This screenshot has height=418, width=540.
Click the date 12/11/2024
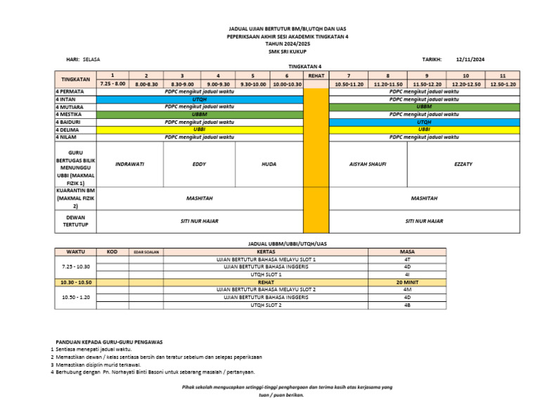coord(470,60)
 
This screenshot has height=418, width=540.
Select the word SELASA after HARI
coord(91,60)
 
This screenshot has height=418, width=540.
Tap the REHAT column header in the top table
coord(316,75)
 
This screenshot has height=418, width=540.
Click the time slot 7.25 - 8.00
coord(112,84)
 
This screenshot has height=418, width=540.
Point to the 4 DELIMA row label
coord(67,129)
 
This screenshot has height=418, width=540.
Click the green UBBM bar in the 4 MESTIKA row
coord(199,114)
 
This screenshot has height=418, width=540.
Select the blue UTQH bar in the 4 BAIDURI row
coord(424,122)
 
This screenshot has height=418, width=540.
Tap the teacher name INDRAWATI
coord(129,164)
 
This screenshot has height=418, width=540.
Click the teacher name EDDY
coord(199,164)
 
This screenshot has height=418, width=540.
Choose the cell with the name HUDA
coord(269,164)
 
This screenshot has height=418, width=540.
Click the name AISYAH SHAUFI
coord(368,164)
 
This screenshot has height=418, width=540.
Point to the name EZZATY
coord(463,164)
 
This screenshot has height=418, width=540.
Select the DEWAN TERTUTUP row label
coord(75,222)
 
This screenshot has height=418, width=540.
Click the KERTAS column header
coord(266,251)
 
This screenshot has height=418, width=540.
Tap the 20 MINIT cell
coord(407,282)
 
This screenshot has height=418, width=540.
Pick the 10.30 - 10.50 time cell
coord(76,282)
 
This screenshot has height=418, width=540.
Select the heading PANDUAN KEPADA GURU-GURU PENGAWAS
coord(109,341)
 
